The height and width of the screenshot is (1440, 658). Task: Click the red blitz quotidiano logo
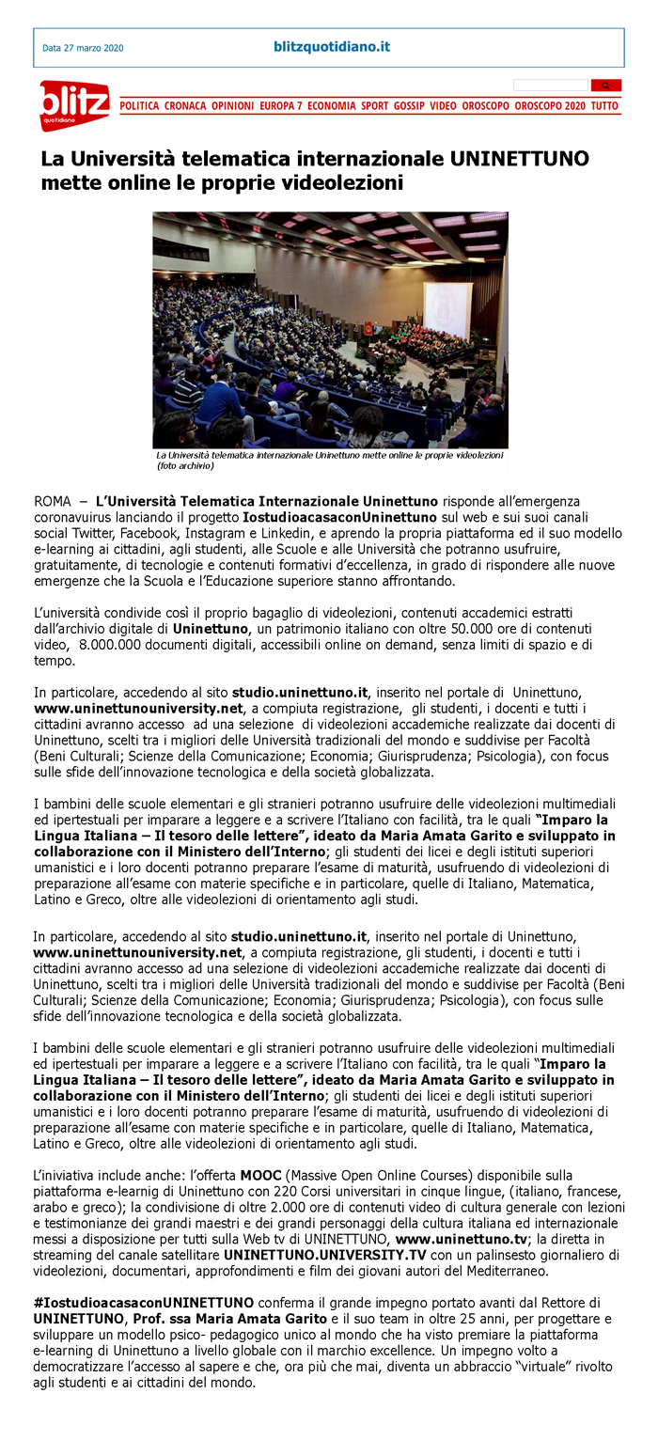73,104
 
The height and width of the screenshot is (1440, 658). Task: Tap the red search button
605,86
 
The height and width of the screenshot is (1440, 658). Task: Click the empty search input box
551,86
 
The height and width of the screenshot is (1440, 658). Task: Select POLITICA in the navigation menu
140,106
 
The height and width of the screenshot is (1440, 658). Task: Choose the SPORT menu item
374,106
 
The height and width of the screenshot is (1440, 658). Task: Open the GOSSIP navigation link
409,106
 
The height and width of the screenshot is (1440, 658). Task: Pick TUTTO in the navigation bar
604,106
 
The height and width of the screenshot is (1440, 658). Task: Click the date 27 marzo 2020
83,48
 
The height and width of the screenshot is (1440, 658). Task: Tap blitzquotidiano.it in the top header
331,46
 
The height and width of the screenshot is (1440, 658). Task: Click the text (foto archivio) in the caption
185,465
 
